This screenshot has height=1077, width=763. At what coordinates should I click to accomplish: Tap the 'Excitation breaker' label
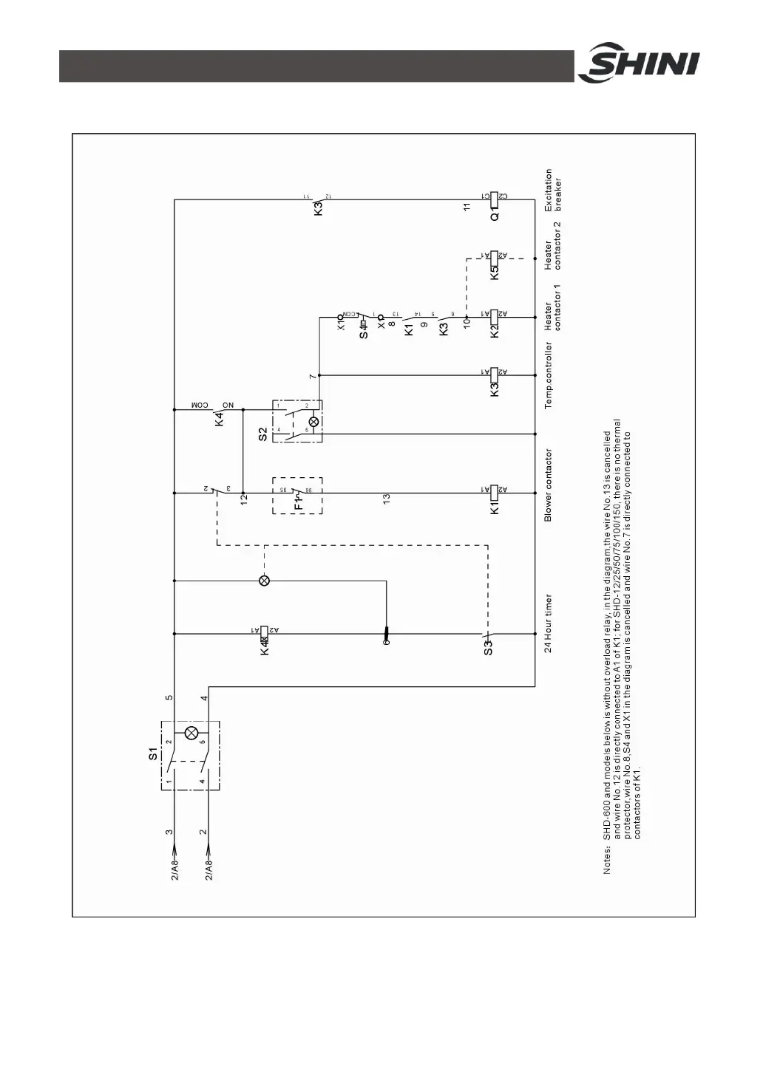[553, 191]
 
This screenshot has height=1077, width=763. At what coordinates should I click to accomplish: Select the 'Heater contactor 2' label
[553, 245]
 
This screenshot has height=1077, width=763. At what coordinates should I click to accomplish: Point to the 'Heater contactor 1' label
[553, 307]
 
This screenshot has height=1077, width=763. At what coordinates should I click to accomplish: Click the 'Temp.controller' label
[549, 375]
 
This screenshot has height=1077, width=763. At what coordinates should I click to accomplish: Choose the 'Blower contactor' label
[549, 485]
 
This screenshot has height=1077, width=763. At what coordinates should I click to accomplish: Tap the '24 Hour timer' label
[549, 623]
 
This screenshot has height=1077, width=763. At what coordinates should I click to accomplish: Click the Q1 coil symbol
[495, 197]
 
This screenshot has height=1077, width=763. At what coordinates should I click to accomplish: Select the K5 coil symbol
[495, 256]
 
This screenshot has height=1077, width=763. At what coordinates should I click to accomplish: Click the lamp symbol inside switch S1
[191, 733]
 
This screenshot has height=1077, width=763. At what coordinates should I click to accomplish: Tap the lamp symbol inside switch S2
[313, 422]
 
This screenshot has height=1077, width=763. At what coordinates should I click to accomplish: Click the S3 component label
[488, 648]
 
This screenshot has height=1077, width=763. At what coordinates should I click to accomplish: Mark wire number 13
[386, 499]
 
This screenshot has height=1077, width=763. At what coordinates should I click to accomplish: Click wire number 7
[312, 376]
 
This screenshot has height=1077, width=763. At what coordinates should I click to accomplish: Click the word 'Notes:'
[607, 861]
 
